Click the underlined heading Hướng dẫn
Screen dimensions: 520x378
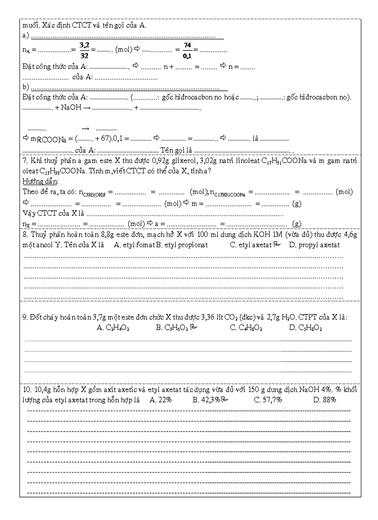(x=37, y=181)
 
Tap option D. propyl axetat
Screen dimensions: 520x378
(x=314, y=244)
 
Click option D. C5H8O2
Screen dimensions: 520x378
(x=305, y=328)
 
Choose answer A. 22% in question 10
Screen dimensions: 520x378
(x=161, y=400)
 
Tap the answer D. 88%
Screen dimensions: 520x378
(x=324, y=400)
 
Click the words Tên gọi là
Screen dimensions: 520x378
(x=176, y=150)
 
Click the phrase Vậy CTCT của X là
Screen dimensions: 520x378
(x=53, y=213)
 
